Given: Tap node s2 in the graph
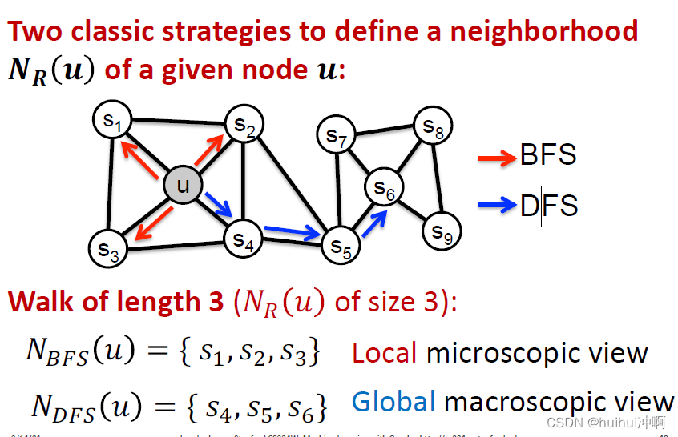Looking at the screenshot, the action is click(x=244, y=124).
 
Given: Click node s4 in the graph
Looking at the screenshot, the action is click(x=243, y=238).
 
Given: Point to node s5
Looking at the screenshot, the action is click(x=341, y=244).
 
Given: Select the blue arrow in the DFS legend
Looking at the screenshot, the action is click(x=497, y=206).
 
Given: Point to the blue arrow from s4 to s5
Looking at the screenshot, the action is click(x=291, y=232).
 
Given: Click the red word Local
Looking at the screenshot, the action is click(x=385, y=352).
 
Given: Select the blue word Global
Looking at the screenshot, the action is click(x=393, y=402).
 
